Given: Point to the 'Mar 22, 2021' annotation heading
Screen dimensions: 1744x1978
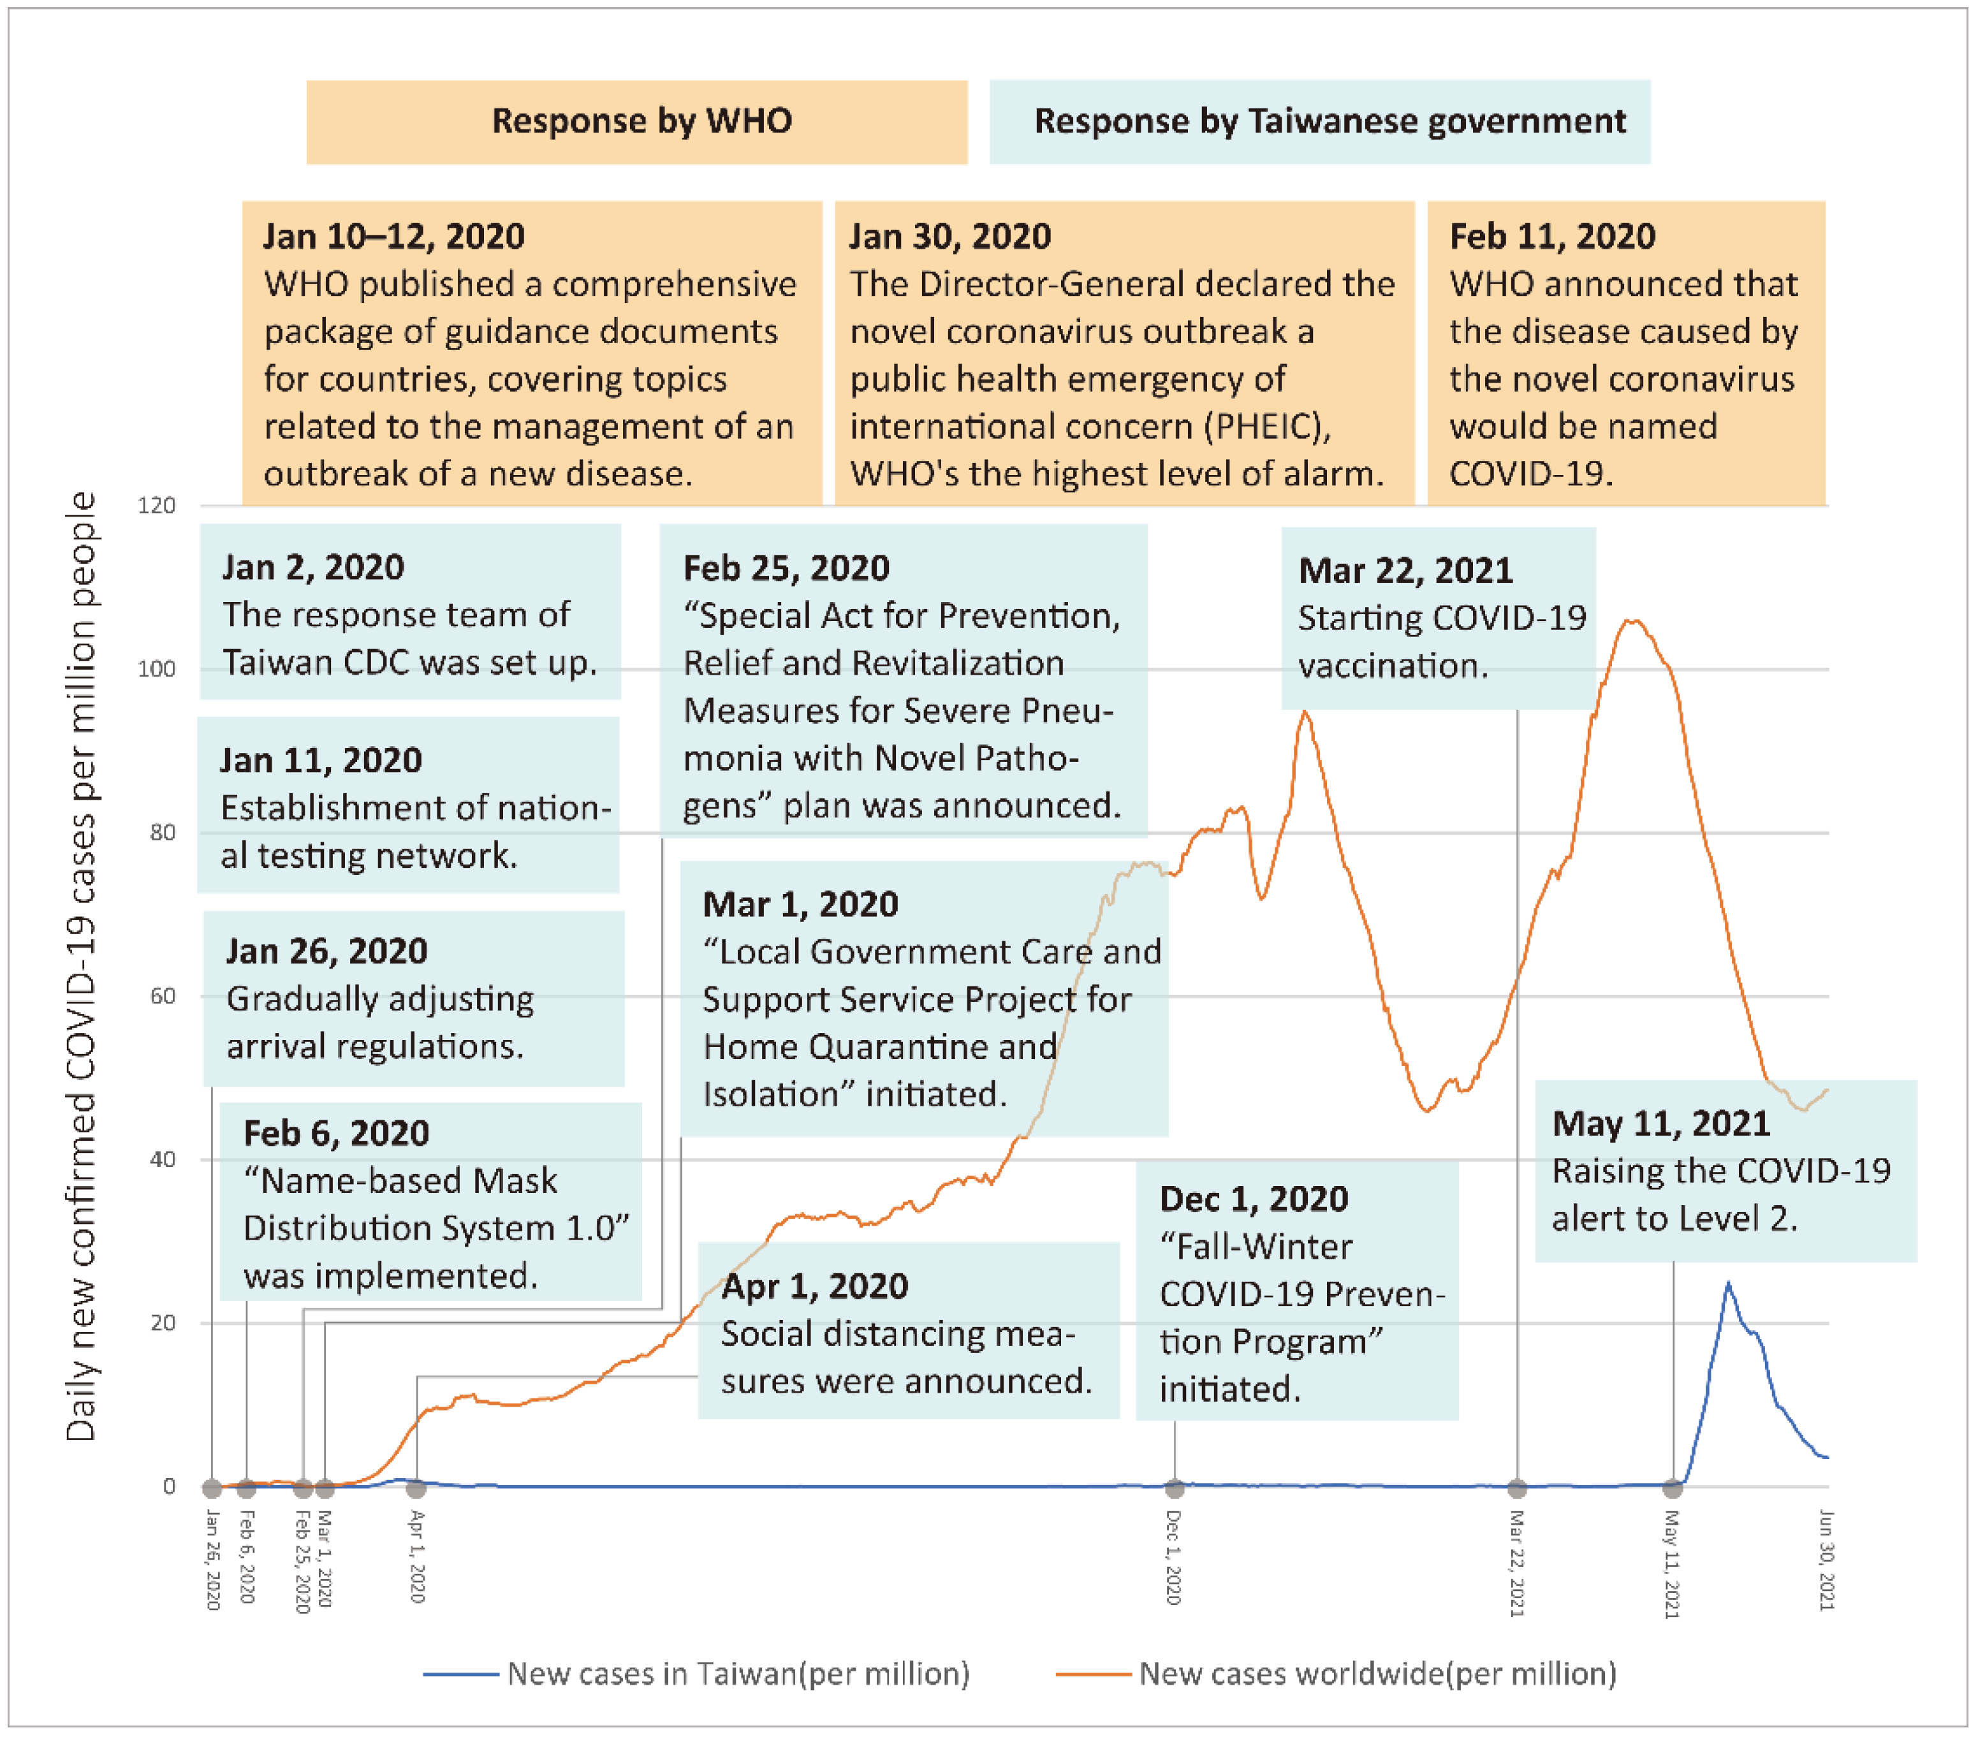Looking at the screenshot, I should click(x=1405, y=571).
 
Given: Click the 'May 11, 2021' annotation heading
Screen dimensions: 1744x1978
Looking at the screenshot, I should click(x=1660, y=1124).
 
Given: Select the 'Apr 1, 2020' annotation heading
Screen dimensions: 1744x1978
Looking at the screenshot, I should click(x=814, y=1286).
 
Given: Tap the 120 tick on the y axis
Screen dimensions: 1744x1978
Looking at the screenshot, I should click(x=157, y=506).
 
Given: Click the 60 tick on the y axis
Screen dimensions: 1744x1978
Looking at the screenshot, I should click(x=163, y=997).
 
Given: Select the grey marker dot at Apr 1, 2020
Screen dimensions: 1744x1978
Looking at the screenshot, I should click(x=416, y=1488).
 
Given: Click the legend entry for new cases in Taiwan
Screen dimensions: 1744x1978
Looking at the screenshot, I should click(x=697, y=1673).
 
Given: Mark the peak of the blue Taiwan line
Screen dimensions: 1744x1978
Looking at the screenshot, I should click(x=1727, y=1284).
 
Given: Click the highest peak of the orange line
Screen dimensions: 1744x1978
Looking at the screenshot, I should click(x=1632, y=620).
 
